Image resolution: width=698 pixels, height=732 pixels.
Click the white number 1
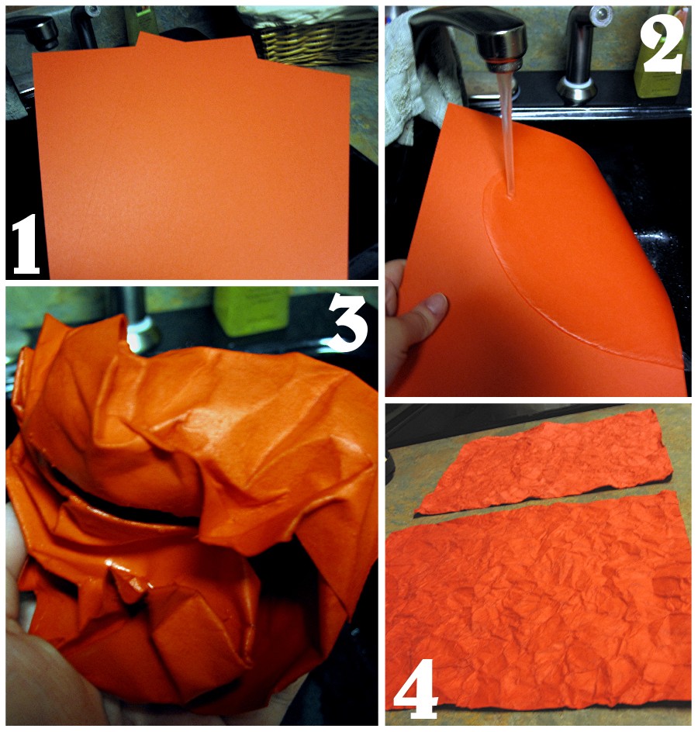26,244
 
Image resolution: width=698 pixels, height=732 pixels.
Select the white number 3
347,323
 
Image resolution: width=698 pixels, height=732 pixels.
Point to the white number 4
415,689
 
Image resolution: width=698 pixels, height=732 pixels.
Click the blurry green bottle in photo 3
251,310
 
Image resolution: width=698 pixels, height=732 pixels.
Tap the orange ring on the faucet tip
504,60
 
